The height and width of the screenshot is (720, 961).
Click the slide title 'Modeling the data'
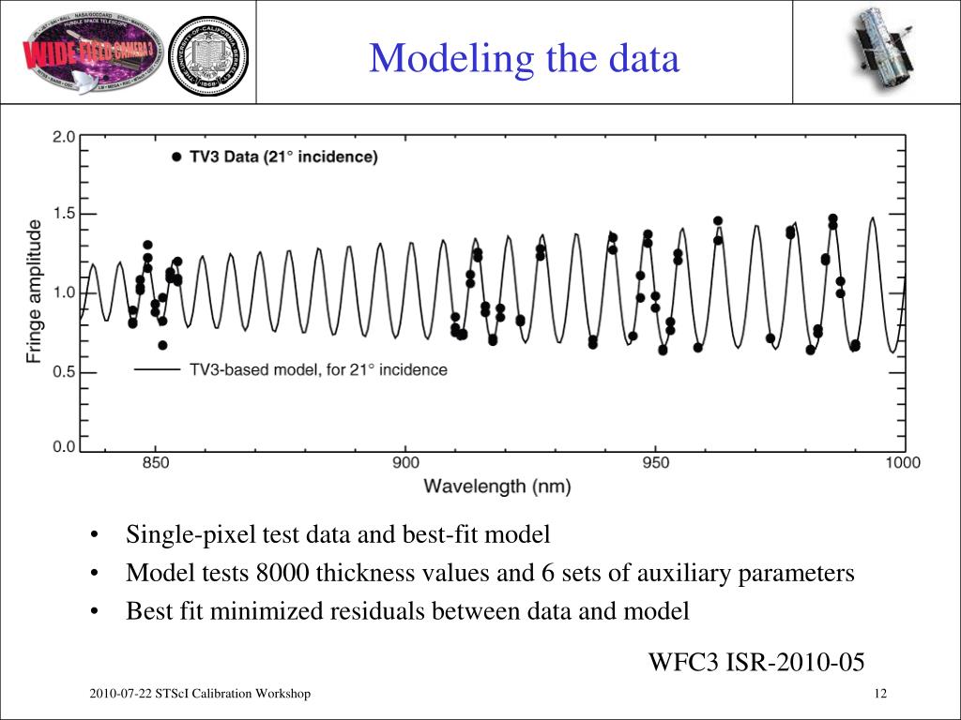pyautogui.click(x=524, y=59)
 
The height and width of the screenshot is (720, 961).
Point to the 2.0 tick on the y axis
pyautogui.click(x=64, y=137)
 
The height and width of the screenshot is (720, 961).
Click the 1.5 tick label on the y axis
pyautogui.click(x=64, y=215)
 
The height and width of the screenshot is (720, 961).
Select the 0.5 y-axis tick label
pyautogui.click(x=64, y=372)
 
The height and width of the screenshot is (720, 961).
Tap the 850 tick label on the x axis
pyautogui.click(x=156, y=463)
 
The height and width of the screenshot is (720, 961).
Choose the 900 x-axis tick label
pyautogui.click(x=405, y=463)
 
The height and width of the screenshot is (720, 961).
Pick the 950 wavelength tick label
pyautogui.click(x=655, y=463)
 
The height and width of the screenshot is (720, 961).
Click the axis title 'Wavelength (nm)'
pyautogui.click(x=497, y=487)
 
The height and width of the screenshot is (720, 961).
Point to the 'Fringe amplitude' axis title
pyautogui.click(x=35, y=292)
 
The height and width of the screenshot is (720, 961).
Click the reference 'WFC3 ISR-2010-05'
pyautogui.click(x=756, y=663)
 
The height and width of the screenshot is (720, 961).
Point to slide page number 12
pyautogui.click(x=879, y=694)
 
